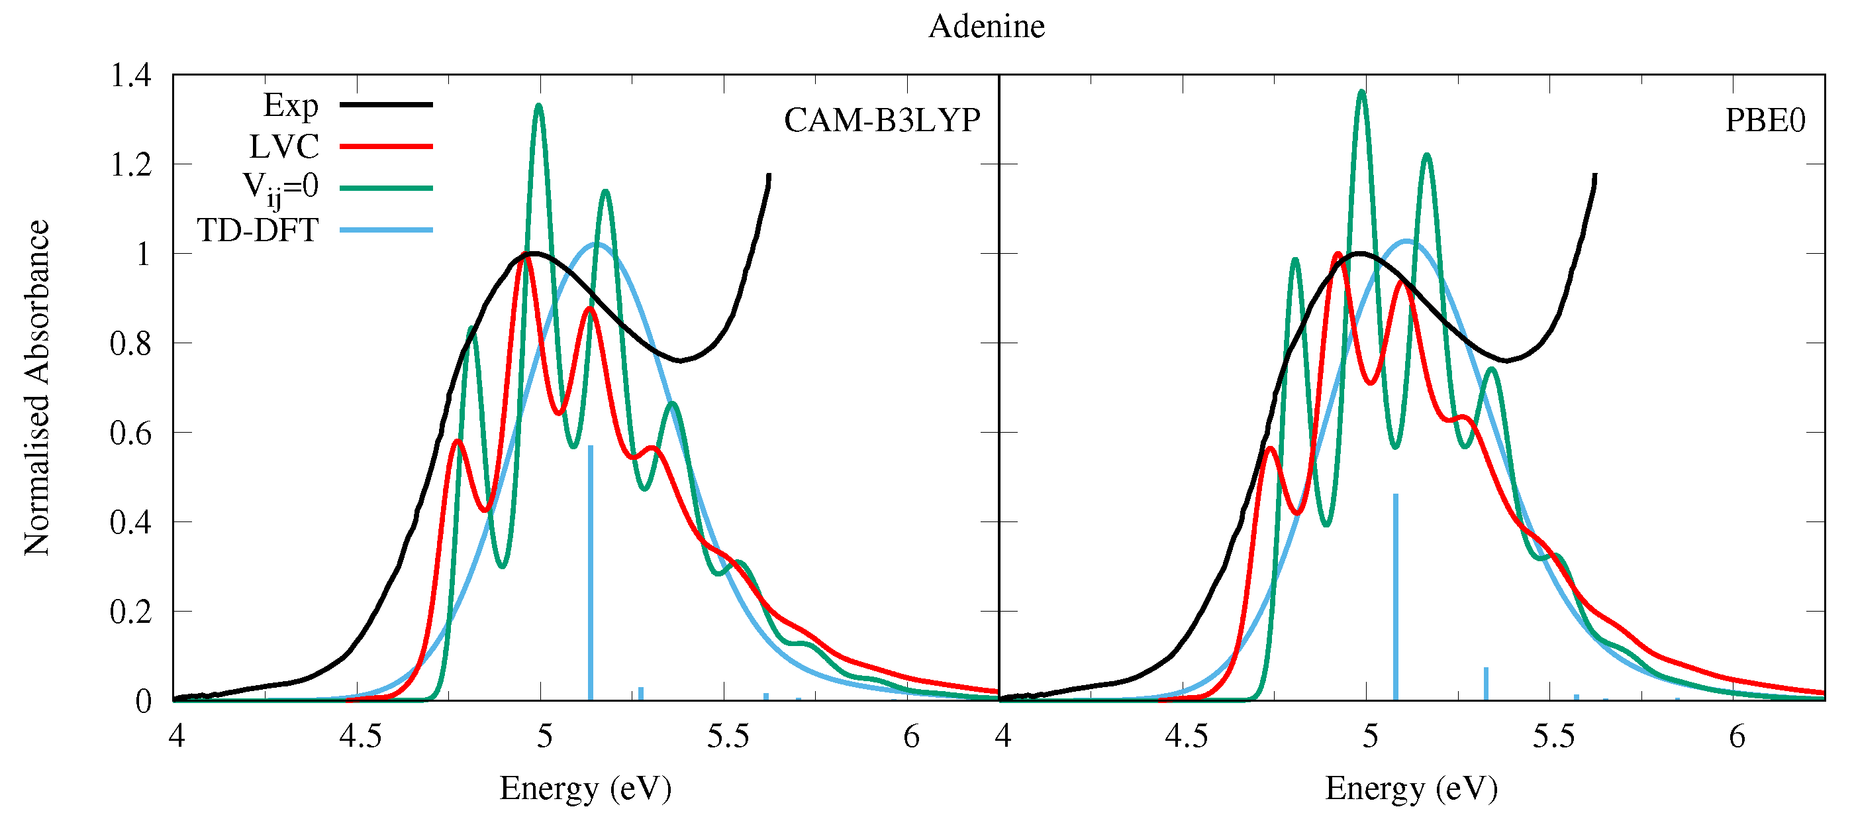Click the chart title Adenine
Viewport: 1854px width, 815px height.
coord(986,27)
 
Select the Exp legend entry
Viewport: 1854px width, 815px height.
coord(291,106)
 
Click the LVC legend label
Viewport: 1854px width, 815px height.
coord(283,147)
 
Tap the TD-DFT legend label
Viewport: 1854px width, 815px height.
coord(258,231)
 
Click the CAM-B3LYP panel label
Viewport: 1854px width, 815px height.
coord(882,120)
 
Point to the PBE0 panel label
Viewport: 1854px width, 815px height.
coord(1765,120)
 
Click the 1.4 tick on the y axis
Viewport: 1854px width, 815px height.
coord(130,76)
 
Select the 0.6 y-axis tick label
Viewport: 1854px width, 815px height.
coord(130,433)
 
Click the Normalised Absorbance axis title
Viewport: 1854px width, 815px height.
coord(36,388)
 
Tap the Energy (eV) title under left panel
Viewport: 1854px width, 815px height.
coord(585,788)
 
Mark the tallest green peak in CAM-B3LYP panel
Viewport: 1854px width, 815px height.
coord(538,107)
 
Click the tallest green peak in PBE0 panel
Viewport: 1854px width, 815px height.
coord(1361,92)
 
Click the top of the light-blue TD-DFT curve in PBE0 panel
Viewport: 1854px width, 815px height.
coord(1406,241)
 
